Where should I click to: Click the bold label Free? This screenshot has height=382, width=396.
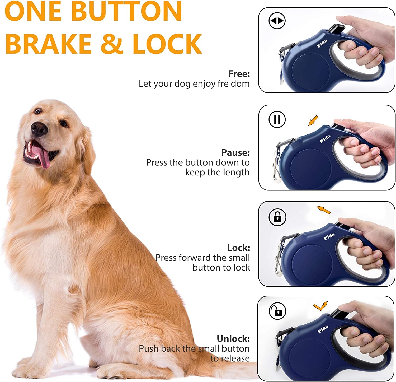point(239,74)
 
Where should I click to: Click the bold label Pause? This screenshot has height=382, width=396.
point(235,152)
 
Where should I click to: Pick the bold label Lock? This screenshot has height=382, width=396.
point(238,248)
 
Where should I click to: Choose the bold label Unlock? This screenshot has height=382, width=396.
point(233,338)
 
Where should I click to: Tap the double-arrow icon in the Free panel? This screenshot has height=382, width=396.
point(277,21)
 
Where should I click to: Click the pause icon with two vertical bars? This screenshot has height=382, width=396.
point(277,119)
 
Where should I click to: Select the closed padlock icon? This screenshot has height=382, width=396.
point(277,217)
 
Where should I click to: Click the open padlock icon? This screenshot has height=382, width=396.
point(277,311)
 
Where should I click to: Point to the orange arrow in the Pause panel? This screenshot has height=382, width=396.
point(313,121)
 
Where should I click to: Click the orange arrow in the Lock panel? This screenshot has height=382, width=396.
point(323,209)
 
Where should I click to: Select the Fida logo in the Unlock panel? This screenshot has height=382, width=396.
point(323,329)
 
